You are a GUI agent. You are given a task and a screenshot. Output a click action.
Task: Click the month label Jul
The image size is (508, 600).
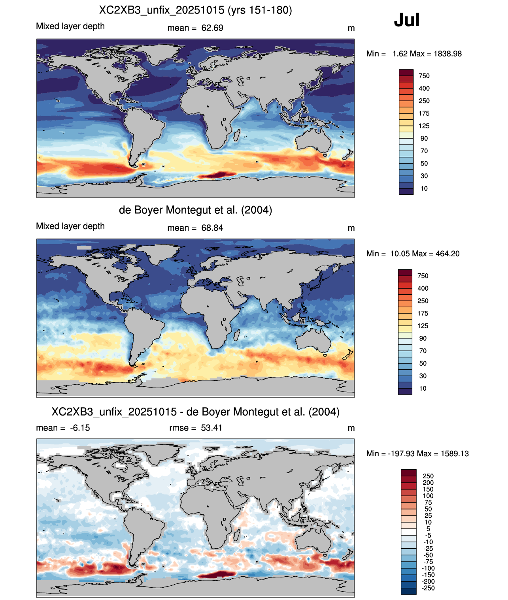[406, 20]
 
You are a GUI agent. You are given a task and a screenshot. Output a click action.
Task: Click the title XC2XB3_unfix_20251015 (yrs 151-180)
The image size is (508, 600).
[195, 10]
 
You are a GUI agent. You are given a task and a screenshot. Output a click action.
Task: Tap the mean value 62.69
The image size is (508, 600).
[212, 28]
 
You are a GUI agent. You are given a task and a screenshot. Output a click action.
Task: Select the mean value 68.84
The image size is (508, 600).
[212, 228]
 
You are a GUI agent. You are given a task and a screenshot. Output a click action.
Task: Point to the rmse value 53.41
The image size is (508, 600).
[212, 428]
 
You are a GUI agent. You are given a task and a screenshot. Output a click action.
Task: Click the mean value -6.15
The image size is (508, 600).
[80, 428]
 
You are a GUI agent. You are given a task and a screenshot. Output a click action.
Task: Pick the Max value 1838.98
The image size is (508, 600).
[448, 54]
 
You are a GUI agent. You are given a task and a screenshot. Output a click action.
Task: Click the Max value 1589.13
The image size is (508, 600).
[455, 454]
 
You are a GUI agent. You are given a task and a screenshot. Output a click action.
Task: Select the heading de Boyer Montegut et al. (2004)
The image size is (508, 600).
[195, 210]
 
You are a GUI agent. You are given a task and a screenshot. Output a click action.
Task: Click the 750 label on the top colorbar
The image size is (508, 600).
[424, 76]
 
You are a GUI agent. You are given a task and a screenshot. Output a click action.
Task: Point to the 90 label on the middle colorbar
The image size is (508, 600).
[423, 338]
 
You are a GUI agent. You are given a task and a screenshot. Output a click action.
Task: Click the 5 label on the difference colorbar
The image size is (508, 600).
[428, 529]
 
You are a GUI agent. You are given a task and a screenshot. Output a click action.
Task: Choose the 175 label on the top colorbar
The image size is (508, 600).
[424, 113]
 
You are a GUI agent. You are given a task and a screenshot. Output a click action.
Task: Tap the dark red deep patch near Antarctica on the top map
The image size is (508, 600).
[216, 175]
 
